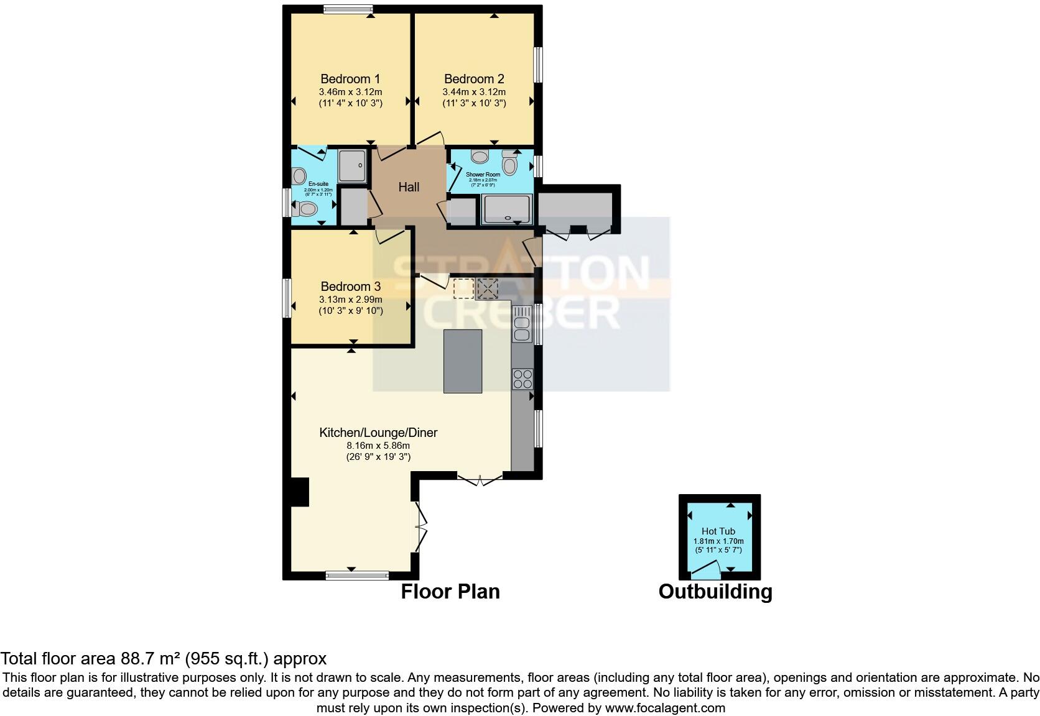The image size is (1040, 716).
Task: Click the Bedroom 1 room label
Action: pyautogui.click(x=350, y=79)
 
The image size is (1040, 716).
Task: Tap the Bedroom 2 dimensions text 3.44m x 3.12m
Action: pyautogui.click(x=474, y=92)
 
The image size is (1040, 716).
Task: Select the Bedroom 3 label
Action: pyautogui.click(x=350, y=287)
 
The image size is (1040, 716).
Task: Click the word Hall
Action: pyautogui.click(x=409, y=187)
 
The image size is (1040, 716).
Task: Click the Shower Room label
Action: pyautogui.click(x=483, y=175)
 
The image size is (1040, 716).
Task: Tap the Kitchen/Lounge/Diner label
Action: pyautogui.click(x=378, y=433)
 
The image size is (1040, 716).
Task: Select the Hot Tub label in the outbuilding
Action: pyautogui.click(x=718, y=531)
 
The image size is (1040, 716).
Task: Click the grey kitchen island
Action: pyautogui.click(x=462, y=361)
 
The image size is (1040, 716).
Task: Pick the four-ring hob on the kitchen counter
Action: pyautogui.click(x=522, y=379)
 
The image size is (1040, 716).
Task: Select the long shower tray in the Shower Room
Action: pyautogui.click(x=508, y=209)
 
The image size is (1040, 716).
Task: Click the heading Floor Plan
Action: pyautogui.click(x=450, y=591)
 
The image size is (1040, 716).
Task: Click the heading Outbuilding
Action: pyautogui.click(x=715, y=591)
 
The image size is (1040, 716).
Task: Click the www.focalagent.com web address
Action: pyautogui.click(x=664, y=707)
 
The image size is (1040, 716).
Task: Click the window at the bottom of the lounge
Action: pyautogui.click(x=352, y=575)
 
